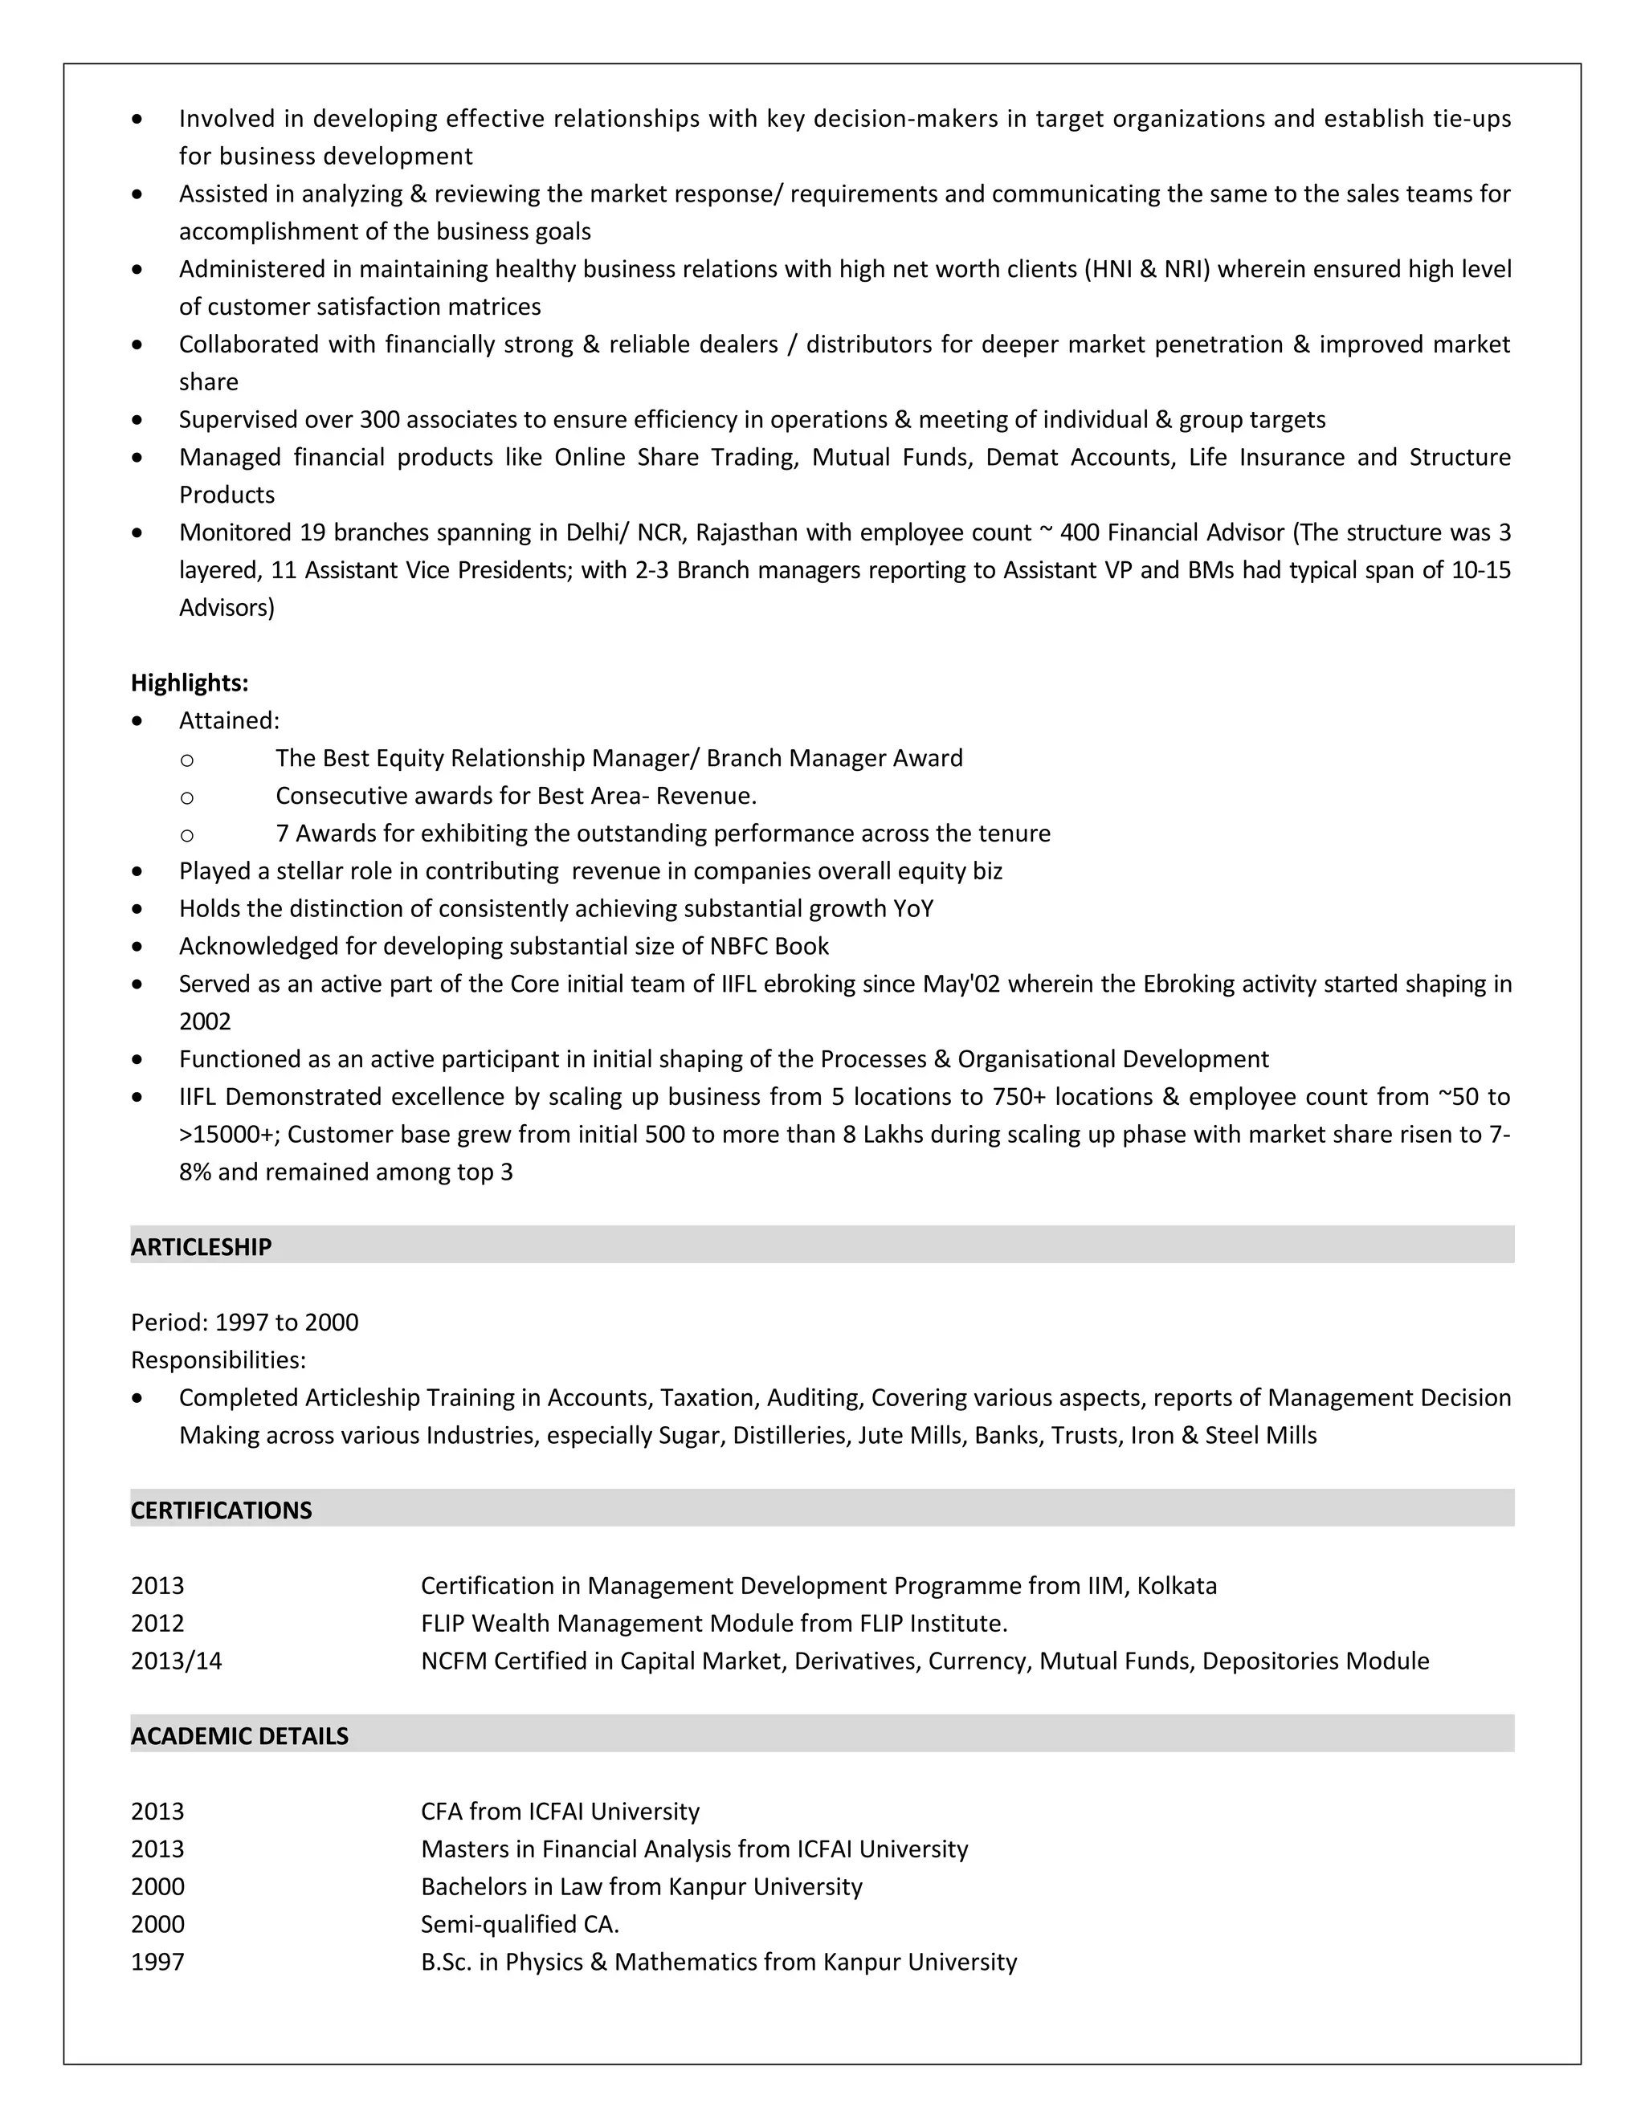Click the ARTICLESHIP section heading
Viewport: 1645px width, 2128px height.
[201, 1247]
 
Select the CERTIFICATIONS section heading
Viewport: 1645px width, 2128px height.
[221, 1510]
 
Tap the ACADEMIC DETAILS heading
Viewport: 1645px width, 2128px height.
[239, 1736]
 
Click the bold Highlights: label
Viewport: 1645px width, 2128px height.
[189, 683]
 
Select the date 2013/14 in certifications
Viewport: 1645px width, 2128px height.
[177, 1661]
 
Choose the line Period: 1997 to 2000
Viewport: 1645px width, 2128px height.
[245, 1323]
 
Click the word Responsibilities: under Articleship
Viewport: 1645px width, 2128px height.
[218, 1360]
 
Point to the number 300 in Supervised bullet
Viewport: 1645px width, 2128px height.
[379, 420]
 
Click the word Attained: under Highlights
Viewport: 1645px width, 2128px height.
[229, 721]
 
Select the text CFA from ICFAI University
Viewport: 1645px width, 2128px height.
[559, 1812]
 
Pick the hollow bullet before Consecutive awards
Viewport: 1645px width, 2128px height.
[187, 797]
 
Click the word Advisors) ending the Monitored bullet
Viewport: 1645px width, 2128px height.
[226, 608]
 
